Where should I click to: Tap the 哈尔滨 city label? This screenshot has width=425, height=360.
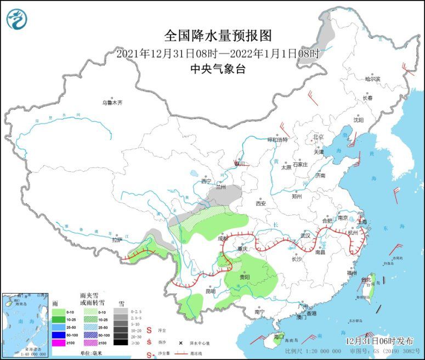pos(373,79)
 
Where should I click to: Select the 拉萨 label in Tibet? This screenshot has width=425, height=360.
pos(116,240)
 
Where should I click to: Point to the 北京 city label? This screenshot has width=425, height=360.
pos(318,137)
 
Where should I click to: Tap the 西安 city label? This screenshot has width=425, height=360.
pos(260,203)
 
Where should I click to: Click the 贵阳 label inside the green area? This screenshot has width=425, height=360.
pos(245,278)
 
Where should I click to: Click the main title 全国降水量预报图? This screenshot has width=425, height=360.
pos(218,36)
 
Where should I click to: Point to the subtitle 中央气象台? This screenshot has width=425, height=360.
pos(218,69)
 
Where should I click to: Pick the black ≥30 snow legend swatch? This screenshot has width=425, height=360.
pos(120,342)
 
